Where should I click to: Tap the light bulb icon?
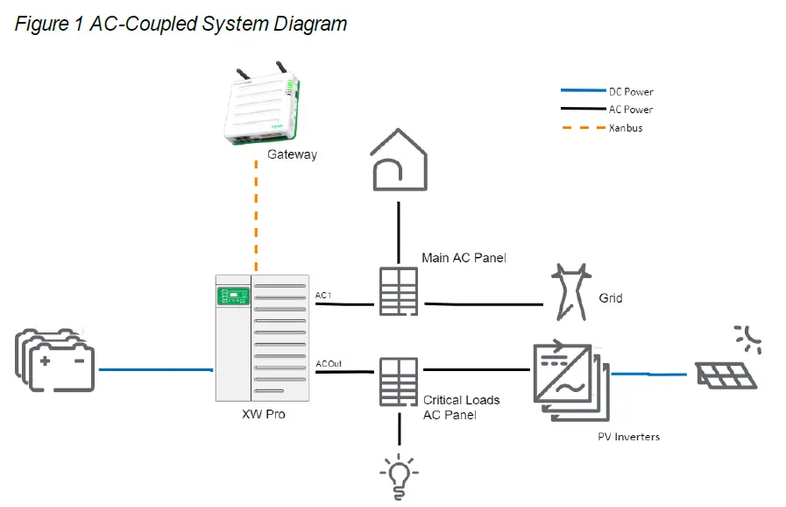coord(400,475)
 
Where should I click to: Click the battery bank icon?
coord(55,361)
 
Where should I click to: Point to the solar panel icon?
coord(726,374)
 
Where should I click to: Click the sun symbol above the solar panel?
coord(747,338)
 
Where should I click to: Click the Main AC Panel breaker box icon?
coord(400,290)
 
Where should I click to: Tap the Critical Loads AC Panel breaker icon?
coord(400,381)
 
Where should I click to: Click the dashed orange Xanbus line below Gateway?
coord(256,219)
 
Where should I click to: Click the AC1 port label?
coord(323,296)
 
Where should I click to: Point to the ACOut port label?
coord(329,363)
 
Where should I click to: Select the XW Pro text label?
coord(264,414)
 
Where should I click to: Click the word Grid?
coord(611,298)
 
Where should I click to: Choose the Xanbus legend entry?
coord(626,128)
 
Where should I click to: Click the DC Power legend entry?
coord(631,91)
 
